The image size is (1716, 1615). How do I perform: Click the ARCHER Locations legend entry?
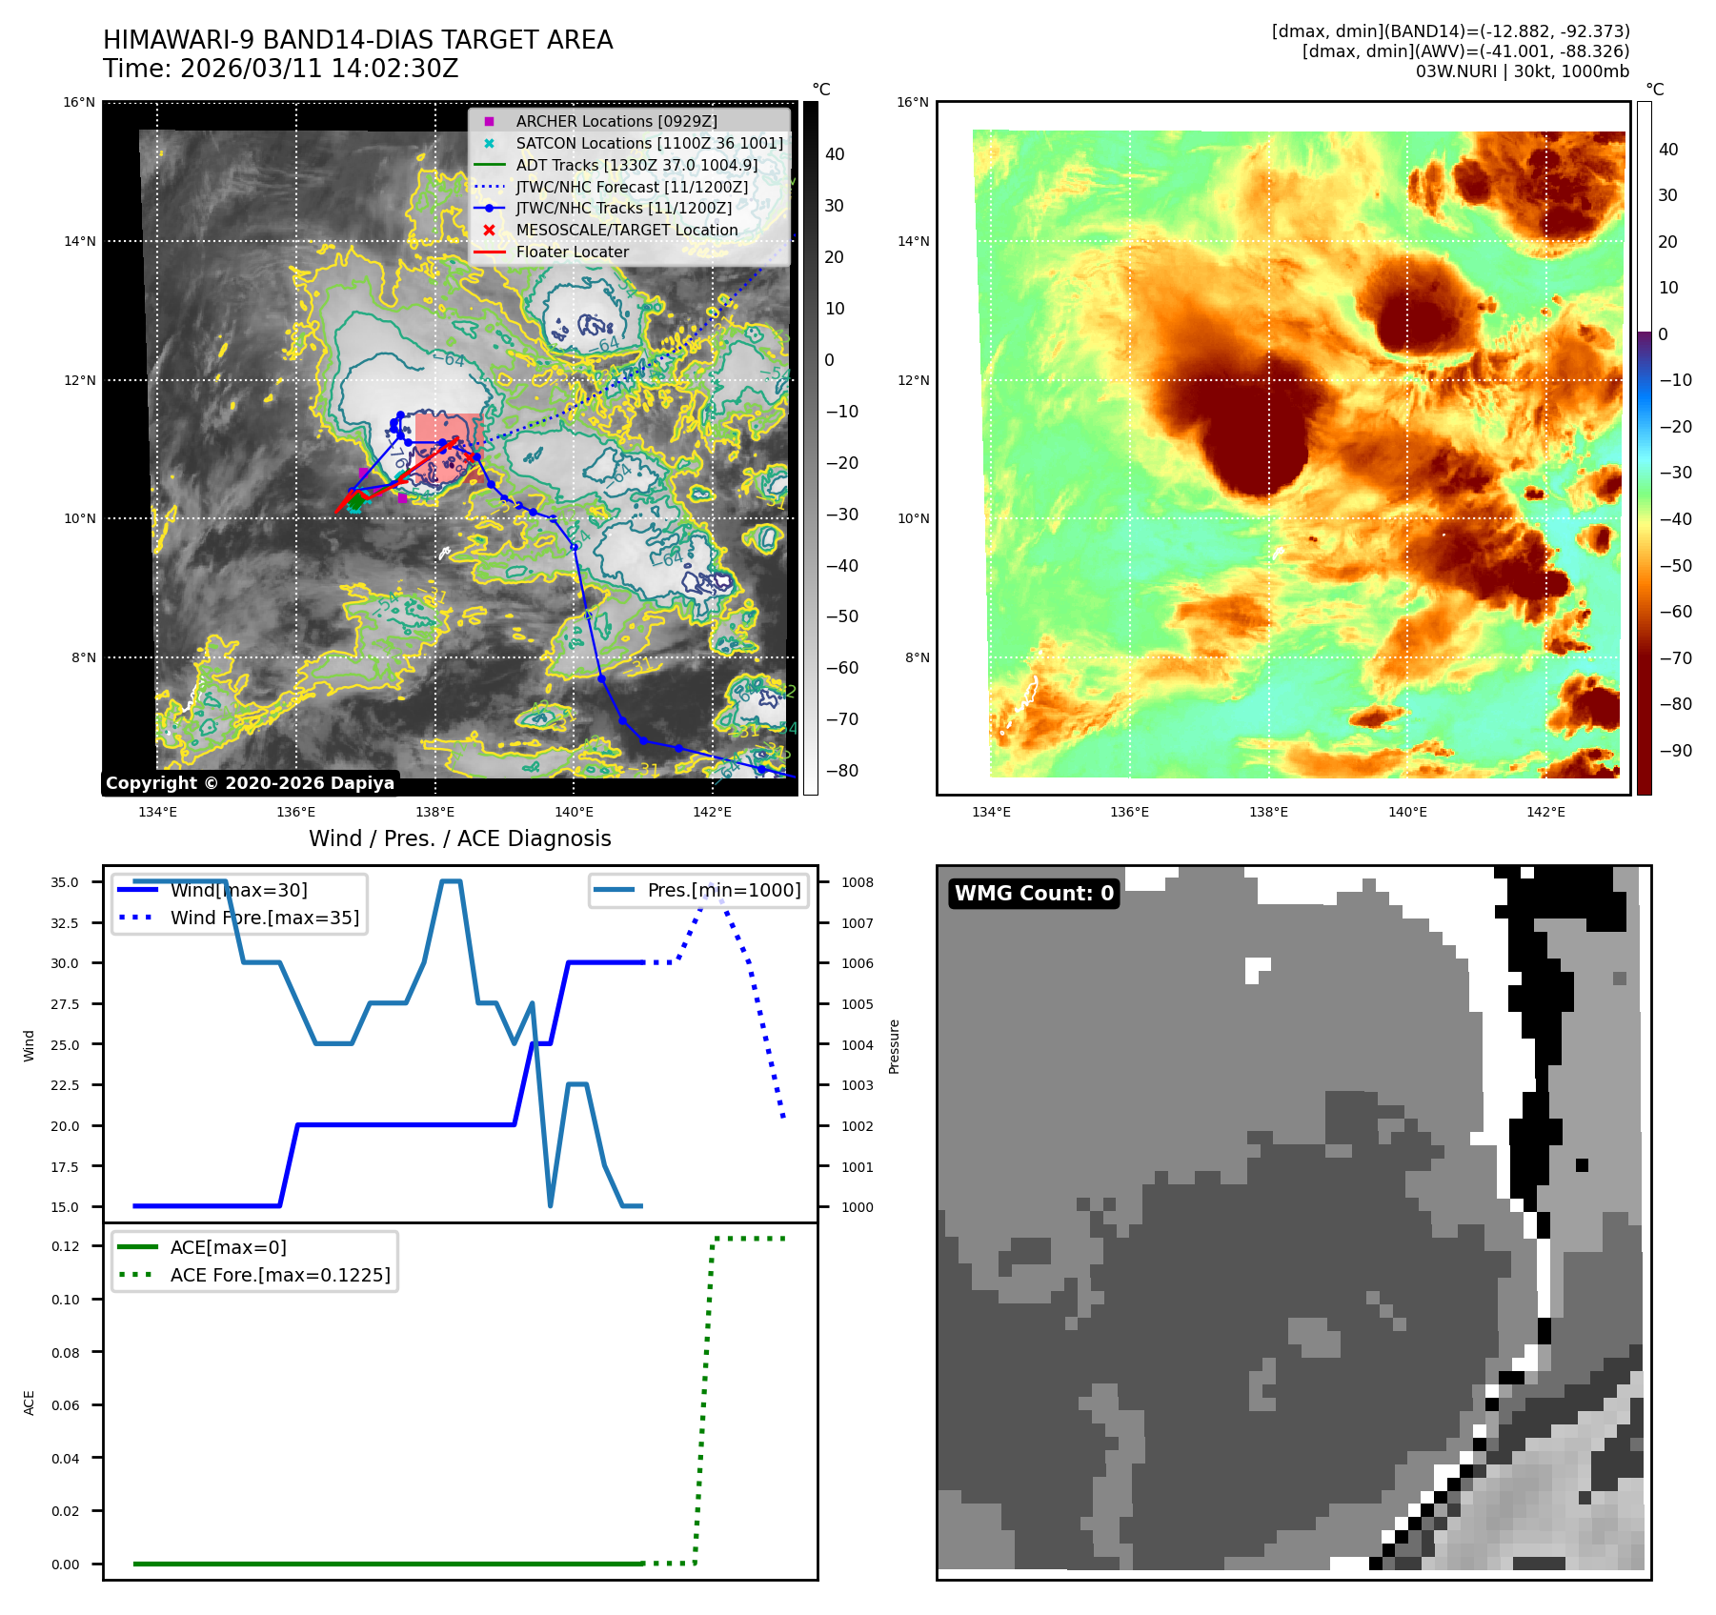click(x=616, y=121)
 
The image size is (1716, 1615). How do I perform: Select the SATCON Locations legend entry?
click(x=649, y=143)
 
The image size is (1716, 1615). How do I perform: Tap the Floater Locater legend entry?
click(x=572, y=252)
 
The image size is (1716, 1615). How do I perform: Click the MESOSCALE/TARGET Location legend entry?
click(x=626, y=230)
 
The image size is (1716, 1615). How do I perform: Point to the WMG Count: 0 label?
click(x=1034, y=893)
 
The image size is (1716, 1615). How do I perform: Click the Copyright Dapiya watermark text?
click(x=250, y=783)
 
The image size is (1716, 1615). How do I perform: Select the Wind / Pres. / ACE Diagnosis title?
click(x=459, y=838)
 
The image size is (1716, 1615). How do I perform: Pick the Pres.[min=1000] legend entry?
click(x=723, y=890)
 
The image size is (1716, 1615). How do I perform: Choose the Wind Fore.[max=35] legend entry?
click(x=264, y=918)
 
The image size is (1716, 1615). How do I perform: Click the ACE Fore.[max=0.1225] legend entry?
click(x=279, y=1275)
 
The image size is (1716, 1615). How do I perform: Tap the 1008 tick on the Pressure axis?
click(x=857, y=882)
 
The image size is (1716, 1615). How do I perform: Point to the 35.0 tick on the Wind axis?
click(x=65, y=882)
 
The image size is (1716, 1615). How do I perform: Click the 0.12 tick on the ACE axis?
click(x=65, y=1246)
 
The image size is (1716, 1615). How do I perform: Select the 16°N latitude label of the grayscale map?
click(x=79, y=103)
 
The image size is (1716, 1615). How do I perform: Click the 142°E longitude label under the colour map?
click(x=1545, y=812)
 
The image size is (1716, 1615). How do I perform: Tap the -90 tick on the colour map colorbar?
click(x=1675, y=751)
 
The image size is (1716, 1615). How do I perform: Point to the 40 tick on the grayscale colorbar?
click(x=835, y=154)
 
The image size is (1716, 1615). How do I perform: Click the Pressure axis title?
click(x=894, y=1046)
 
